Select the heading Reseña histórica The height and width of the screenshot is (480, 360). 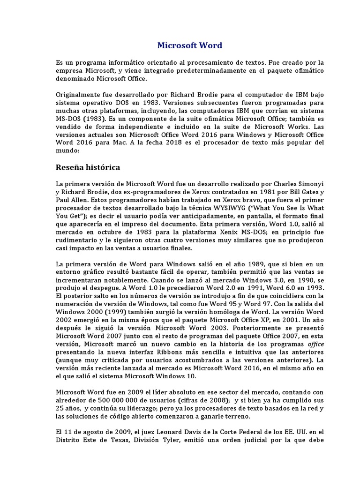click(88, 167)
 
